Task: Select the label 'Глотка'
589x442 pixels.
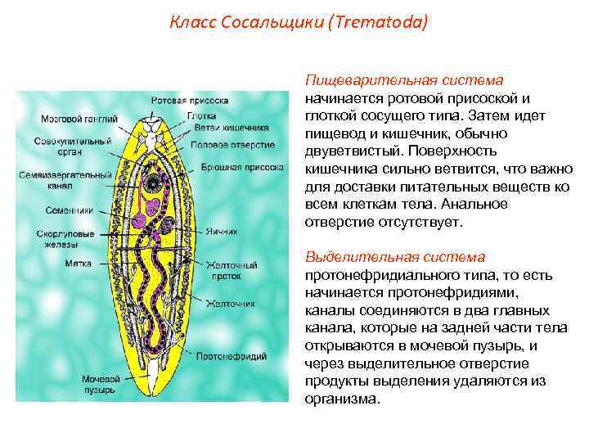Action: (x=202, y=115)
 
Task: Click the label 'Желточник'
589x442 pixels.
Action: (x=230, y=304)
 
